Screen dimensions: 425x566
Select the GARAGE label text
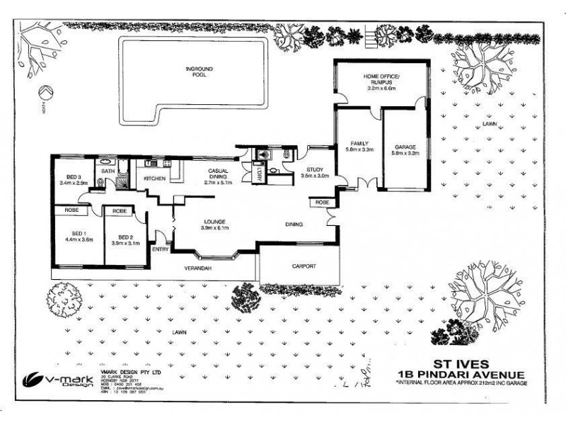tap(405, 147)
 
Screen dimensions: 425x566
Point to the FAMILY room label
tap(359, 147)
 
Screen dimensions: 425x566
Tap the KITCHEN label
tap(154, 178)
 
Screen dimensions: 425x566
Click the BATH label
tap(108, 171)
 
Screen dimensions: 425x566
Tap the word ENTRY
tap(161, 249)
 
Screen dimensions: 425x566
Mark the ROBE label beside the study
tap(322, 203)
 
